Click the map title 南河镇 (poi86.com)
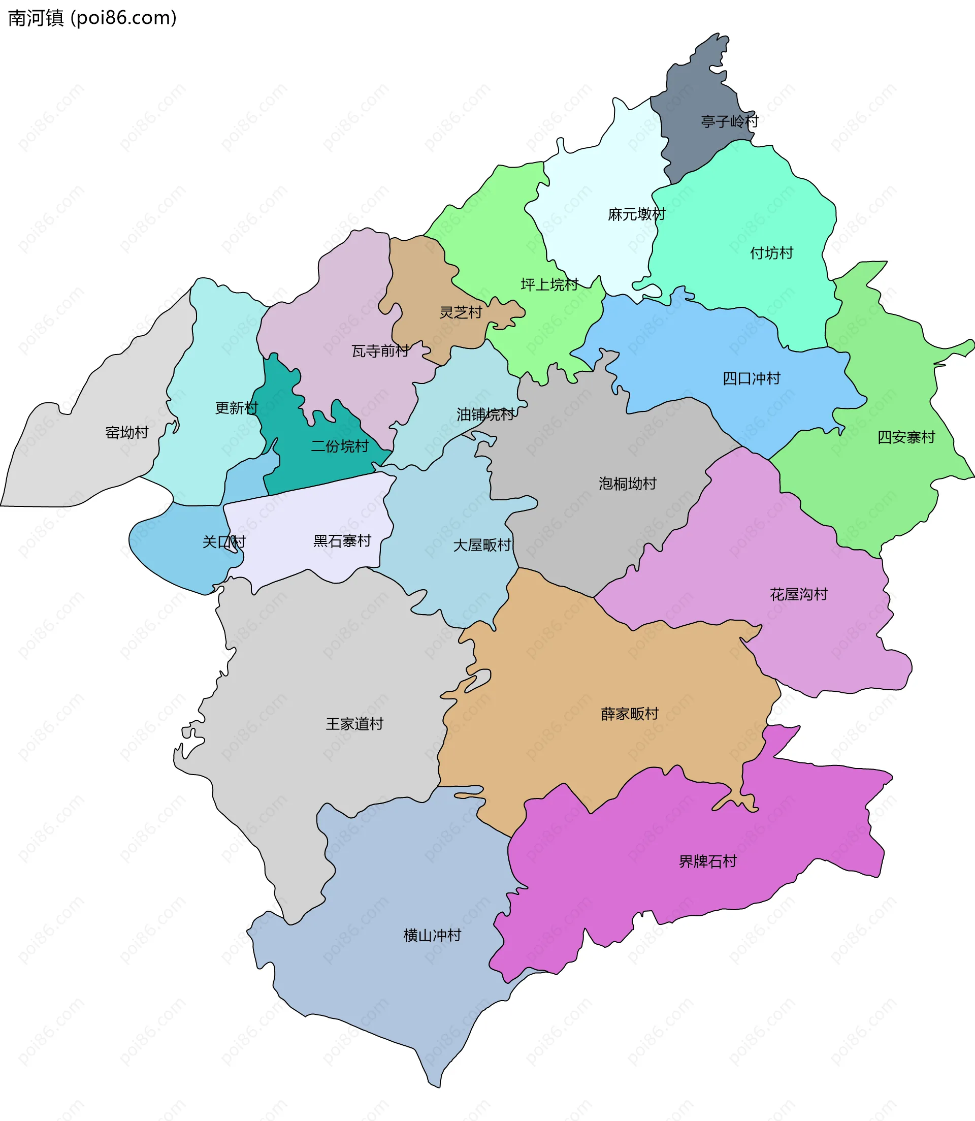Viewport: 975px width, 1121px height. pos(92,18)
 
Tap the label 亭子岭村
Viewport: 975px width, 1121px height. pos(729,121)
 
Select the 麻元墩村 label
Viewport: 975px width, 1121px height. pos(637,214)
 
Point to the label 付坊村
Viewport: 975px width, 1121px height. pos(771,253)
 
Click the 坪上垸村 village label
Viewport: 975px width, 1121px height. pos(549,284)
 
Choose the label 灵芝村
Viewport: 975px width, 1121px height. pos(461,312)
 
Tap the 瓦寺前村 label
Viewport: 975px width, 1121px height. pos(380,351)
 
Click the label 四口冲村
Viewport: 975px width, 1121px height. pos(752,378)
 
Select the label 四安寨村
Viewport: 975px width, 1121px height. pos(906,437)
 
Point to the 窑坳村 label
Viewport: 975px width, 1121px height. pos(127,433)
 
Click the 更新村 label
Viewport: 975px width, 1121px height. pos(237,407)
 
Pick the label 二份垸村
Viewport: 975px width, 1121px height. pos(340,446)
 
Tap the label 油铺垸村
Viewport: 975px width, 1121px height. pos(485,414)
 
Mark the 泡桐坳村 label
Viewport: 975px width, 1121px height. pos(627,483)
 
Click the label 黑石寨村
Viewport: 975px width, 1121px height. pos(342,540)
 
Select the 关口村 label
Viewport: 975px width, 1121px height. pos(224,541)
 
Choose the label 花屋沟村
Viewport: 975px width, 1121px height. pos(799,594)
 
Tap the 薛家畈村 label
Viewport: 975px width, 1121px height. pos(630,714)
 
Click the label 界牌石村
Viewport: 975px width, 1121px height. pos(707,861)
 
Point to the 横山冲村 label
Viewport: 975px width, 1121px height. pos(433,935)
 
